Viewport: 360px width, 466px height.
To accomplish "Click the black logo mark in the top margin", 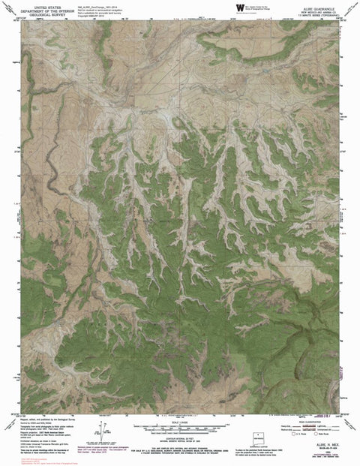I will (x=239, y=8).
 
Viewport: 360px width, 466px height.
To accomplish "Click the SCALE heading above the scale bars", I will (x=180, y=420).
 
